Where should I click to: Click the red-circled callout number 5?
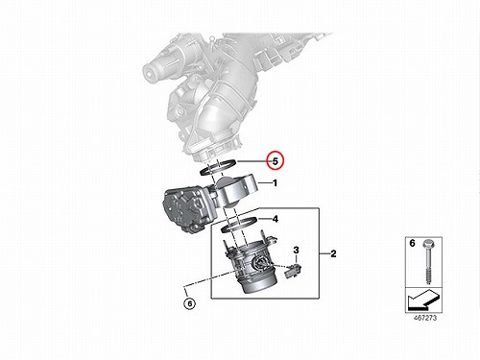tap(276, 161)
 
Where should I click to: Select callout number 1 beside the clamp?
tap(275, 183)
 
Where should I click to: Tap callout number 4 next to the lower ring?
tap(275, 219)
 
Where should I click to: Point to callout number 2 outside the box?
tap(333, 253)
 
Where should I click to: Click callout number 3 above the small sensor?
tap(296, 250)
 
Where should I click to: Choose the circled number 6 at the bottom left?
tap(190, 303)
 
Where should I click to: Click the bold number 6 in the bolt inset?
tap(412, 243)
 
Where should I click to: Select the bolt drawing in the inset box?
tap(428, 261)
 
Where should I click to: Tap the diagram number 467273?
tap(424, 318)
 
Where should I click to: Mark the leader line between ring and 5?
tap(252, 161)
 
